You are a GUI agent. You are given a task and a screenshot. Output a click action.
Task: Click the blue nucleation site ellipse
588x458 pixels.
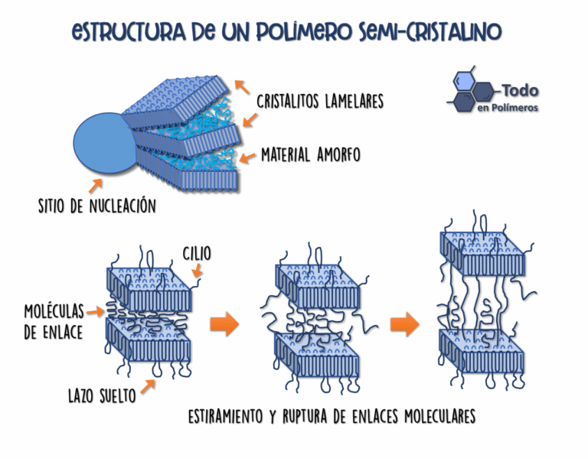point(103,143)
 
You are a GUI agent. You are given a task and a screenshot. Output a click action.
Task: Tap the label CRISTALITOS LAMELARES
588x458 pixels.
point(320,101)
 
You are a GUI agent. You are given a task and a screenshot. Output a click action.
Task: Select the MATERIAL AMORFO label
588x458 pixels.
point(311,154)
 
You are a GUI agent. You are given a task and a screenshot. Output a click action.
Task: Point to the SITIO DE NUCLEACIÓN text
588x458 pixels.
point(97,206)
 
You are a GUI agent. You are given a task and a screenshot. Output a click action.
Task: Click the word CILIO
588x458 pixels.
point(197,254)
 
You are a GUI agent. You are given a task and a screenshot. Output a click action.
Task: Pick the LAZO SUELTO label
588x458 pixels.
point(102,395)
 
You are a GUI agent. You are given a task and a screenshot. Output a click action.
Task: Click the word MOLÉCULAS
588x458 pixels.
point(54,311)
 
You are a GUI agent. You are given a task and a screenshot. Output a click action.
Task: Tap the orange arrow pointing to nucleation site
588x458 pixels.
point(95,185)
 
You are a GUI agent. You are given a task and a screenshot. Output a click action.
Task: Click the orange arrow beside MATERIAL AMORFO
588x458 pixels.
point(247,158)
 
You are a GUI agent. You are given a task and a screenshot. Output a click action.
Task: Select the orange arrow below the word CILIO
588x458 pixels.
point(198,271)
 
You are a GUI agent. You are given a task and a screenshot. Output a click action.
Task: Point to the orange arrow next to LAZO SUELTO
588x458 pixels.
point(148,386)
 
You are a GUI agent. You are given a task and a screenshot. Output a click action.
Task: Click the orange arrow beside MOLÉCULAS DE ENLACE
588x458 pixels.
point(95,311)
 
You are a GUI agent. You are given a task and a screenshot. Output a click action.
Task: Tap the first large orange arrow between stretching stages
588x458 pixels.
point(224,324)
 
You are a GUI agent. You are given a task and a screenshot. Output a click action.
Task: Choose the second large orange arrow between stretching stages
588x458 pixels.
point(404,324)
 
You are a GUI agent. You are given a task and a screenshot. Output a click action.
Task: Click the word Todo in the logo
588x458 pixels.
point(520,90)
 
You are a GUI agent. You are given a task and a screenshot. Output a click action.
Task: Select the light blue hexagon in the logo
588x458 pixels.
point(463,80)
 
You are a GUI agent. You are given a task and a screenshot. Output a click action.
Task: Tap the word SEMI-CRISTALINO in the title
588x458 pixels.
point(430,31)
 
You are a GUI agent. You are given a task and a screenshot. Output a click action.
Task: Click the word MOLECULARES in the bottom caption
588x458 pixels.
point(440,416)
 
